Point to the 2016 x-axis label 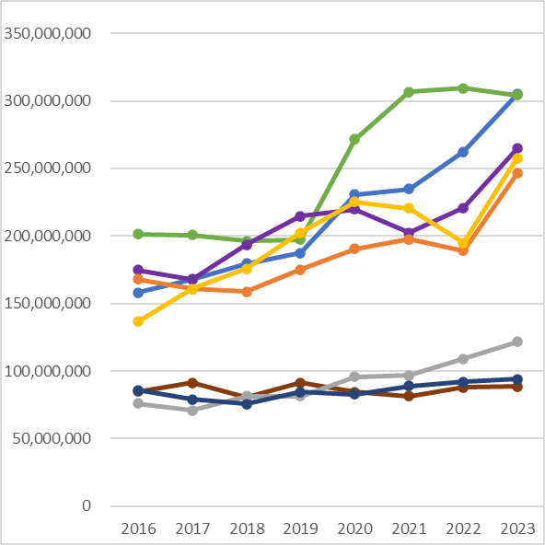[x=138, y=528]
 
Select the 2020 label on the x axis [x=354, y=528]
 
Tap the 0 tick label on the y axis [x=87, y=506]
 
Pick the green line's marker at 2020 [x=354, y=139]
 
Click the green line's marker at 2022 [x=463, y=88]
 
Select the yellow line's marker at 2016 [x=138, y=321]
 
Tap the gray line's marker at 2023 [x=517, y=342]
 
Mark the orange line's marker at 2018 [x=247, y=292]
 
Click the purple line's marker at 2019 [x=300, y=216]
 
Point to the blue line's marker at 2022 [x=463, y=152]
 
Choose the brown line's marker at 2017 [x=192, y=383]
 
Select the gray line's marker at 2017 [x=192, y=411]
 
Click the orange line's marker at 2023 [x=517, y=173]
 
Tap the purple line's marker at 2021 [x=409, y=233]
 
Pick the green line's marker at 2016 [x=138, y=234]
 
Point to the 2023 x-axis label [x=517, y=528]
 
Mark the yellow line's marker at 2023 [x=517, y=158]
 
